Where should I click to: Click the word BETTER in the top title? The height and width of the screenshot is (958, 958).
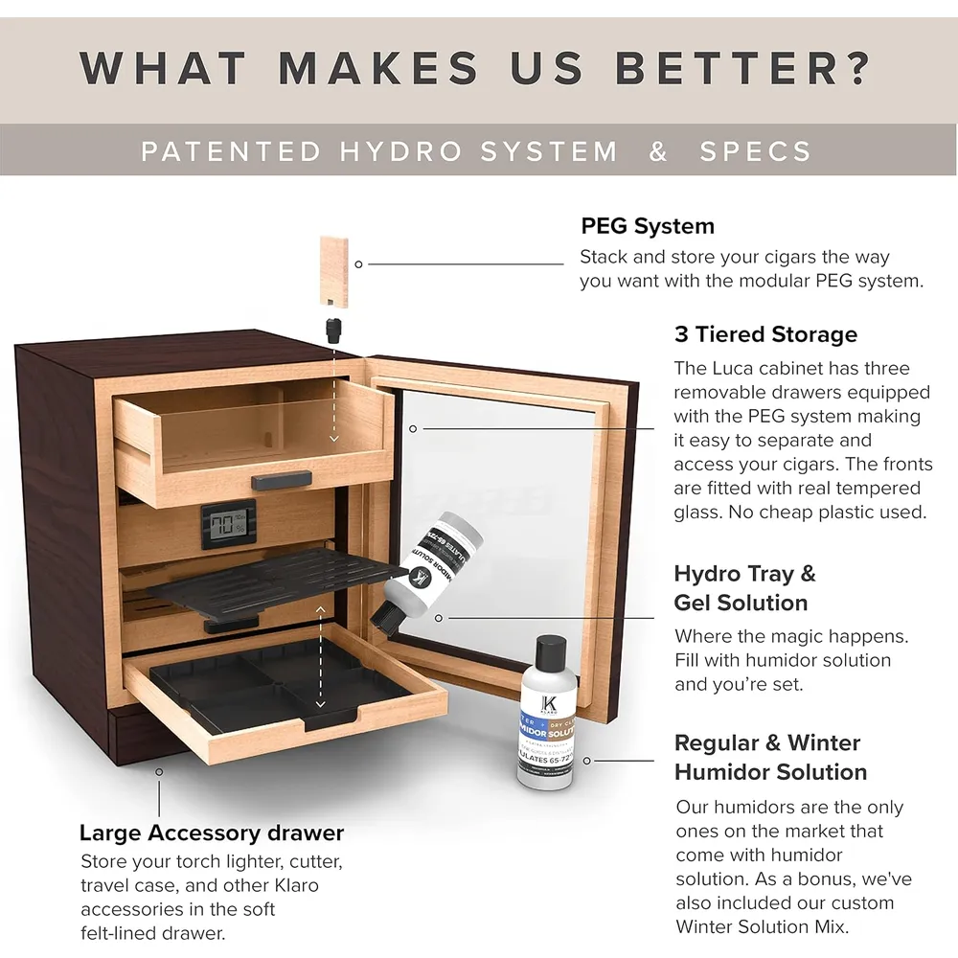coord(742,68)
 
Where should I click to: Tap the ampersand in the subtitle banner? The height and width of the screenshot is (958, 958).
coord(658,151)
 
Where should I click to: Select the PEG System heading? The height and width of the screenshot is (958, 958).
coord(648,226)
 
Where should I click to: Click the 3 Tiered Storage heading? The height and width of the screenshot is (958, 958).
coord(765,334)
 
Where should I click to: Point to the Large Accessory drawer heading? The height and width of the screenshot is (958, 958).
coord(211,833)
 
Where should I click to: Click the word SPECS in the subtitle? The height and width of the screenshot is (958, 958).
coord(755,151)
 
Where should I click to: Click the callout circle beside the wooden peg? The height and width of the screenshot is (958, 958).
coord(358,263)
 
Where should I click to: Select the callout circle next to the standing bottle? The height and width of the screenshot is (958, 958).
coord(587,761)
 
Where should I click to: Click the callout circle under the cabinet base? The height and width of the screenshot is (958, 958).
coord(159,771)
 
